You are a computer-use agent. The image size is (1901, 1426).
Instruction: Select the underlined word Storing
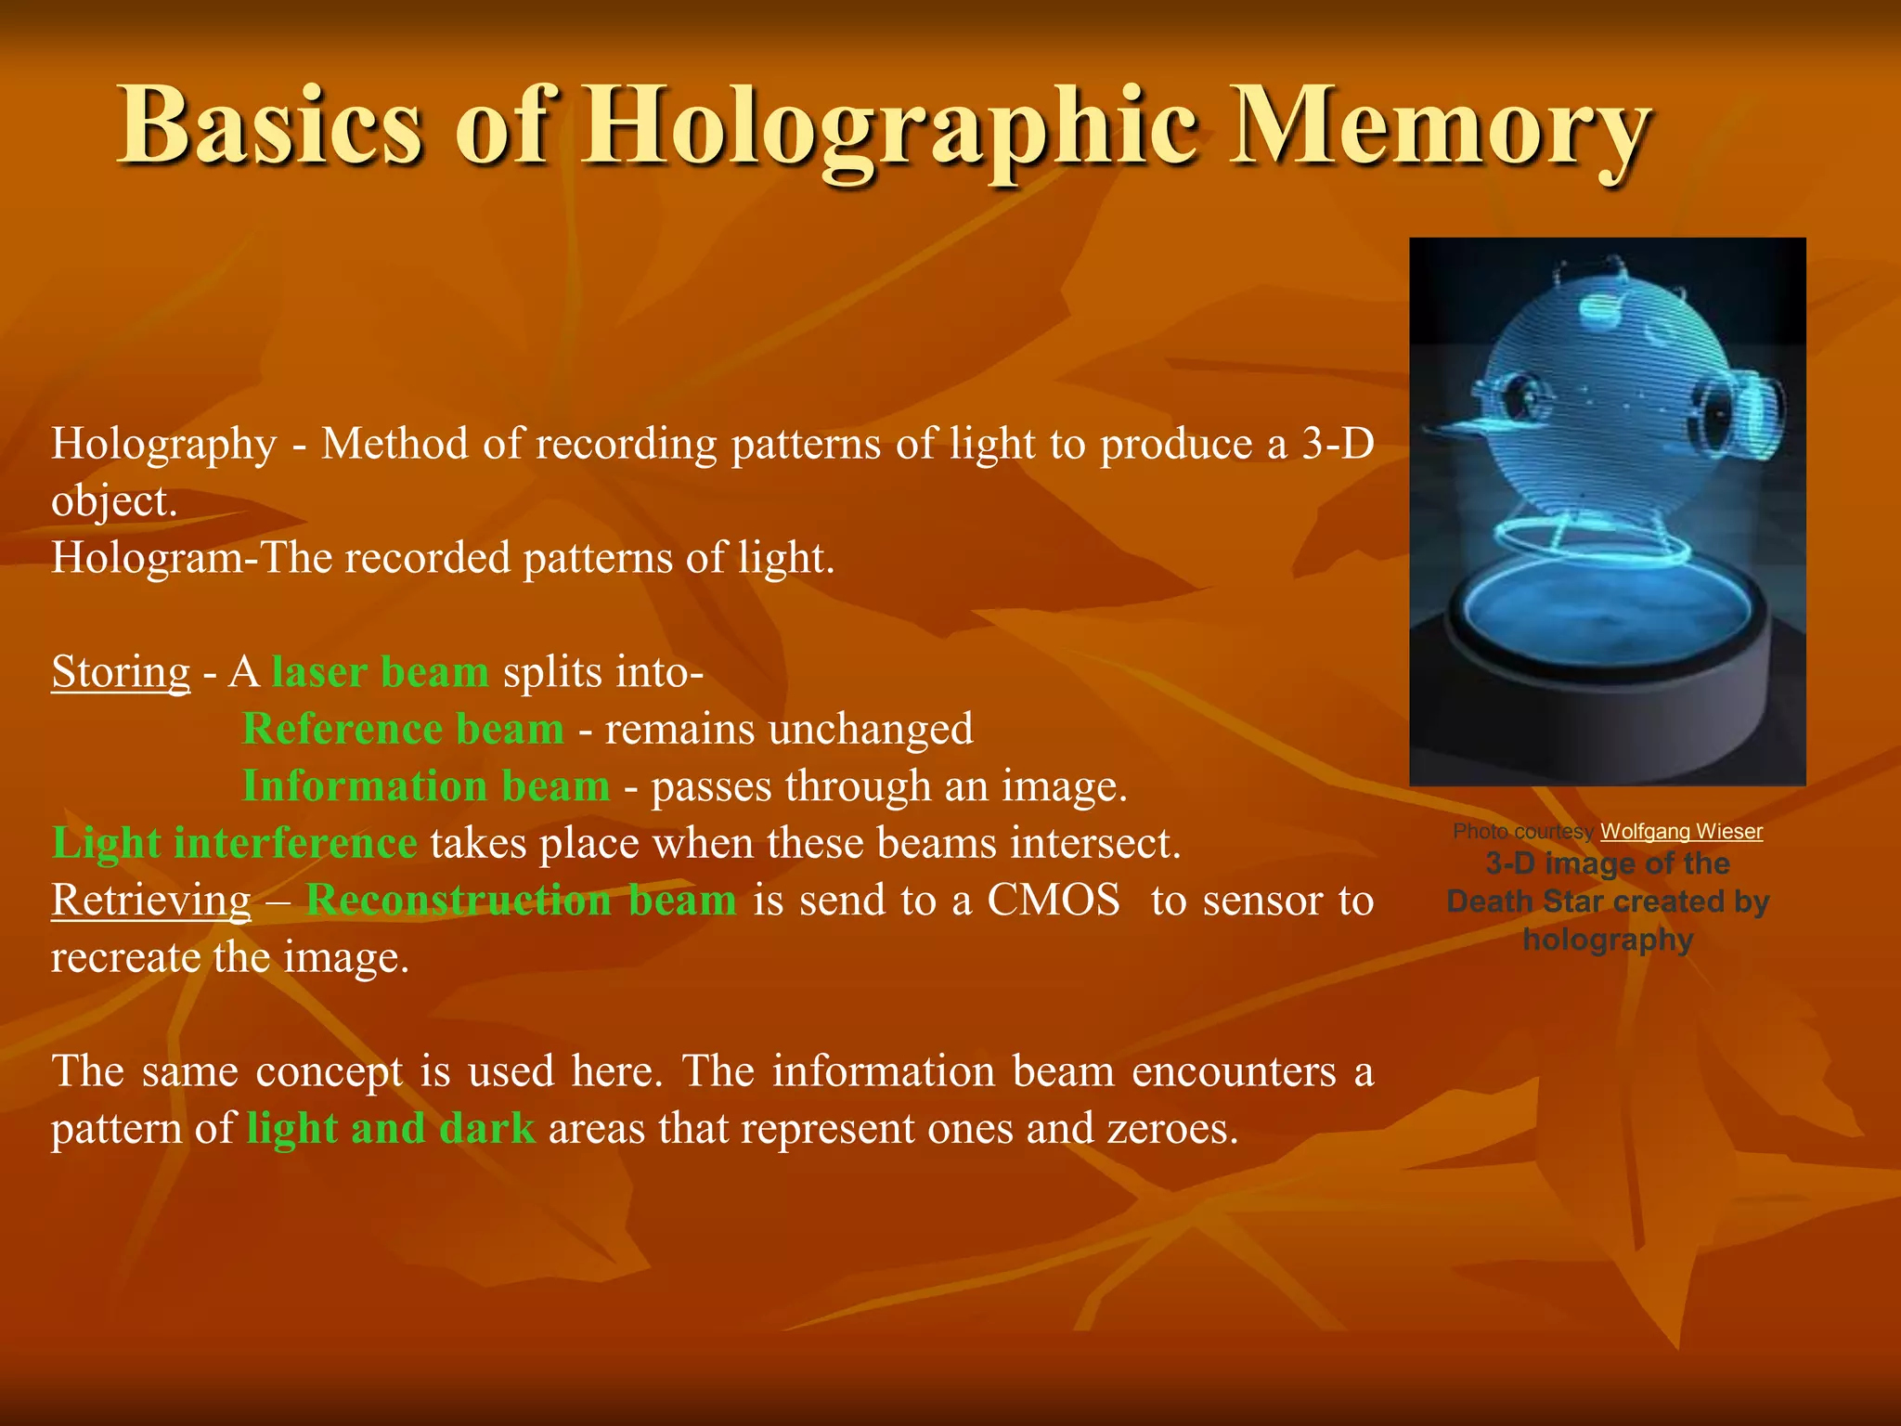(x=121, y=671)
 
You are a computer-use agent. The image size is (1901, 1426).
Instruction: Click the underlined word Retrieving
(x=150, y=900)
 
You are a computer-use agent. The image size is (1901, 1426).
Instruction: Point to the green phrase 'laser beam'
(x=381, y=671)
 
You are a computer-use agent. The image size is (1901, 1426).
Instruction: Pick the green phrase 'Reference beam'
(x=403, y=729)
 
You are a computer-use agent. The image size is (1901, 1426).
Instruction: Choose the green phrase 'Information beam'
(x=426, y=785)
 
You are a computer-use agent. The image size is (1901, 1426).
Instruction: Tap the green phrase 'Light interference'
(x=235, y=843)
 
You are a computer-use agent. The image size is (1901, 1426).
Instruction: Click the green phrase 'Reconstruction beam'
(x=522, y=900)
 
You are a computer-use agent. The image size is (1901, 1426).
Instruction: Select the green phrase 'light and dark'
(x=391, y=1128)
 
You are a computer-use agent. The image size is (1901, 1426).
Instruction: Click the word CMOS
(x=1054, y=900)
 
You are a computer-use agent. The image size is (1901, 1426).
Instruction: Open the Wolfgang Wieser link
(x=1681, y=832)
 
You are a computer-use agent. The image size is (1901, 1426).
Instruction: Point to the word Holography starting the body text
(x=163, y=444)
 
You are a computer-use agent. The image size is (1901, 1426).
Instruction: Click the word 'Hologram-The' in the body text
(x=191, y=558)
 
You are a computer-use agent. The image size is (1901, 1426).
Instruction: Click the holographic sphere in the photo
(x=1610, y=399)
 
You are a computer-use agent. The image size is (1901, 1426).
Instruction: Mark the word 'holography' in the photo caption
(x=1608, y=940)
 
